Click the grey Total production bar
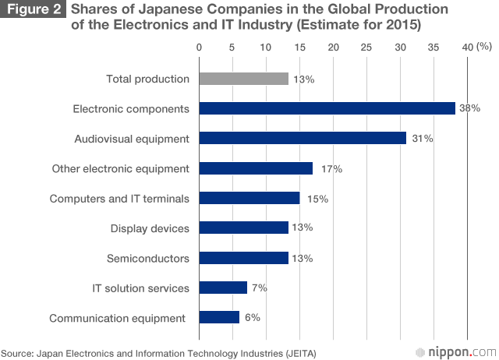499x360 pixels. click(244, 79)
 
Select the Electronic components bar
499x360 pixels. click(327, 108)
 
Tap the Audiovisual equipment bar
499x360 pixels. click(303, 138)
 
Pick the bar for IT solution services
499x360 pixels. click(223, 288)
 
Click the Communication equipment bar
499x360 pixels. click(219, 317)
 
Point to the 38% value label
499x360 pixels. click(469, 108)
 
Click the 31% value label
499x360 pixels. click(423, 138)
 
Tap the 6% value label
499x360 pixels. click(252, 317)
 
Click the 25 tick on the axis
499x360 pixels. click(366, 48)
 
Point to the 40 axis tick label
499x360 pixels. click(466, 48)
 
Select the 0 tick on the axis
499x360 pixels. click(200, 48)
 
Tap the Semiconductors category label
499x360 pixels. click(147, 258)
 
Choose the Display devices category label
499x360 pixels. click(150, 228)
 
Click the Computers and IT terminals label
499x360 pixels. click(119, 199)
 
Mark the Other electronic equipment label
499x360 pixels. click(120, 168)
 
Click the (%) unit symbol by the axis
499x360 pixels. click(484, 48)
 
